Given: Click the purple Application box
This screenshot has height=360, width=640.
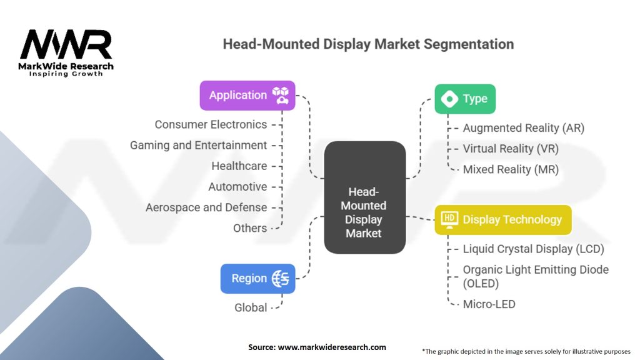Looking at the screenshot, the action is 247,96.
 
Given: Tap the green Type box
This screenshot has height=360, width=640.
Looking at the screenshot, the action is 465,99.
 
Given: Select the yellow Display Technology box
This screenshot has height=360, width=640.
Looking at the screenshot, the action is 503,219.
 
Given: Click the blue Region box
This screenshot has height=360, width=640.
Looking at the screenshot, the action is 257,278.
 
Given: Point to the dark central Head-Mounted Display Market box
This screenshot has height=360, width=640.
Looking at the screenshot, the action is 365,197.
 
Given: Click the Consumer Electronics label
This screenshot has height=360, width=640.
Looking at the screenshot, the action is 211,124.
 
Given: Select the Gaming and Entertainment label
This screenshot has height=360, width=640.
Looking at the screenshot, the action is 198,145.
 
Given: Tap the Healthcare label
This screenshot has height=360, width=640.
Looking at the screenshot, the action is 239,166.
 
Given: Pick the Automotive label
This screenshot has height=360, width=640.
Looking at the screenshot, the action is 237,187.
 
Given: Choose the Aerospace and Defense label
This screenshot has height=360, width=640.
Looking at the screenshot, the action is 206,207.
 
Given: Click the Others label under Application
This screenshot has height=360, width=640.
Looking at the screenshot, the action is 250,228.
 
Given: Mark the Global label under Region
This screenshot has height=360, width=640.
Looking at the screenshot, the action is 251,307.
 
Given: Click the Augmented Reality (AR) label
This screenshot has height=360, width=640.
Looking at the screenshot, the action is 524,128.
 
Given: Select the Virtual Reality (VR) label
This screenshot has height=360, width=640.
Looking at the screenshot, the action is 511,149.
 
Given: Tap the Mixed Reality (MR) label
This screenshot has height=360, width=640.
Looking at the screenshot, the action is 511,169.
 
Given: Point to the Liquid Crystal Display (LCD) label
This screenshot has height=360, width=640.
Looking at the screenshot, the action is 534,249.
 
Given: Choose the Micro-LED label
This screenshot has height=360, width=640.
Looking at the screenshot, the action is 489,304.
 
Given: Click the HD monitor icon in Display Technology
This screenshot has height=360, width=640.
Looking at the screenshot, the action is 449,219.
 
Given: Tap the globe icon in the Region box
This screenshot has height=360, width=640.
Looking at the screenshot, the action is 280,279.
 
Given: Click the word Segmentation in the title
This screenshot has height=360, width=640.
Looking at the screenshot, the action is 469,44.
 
